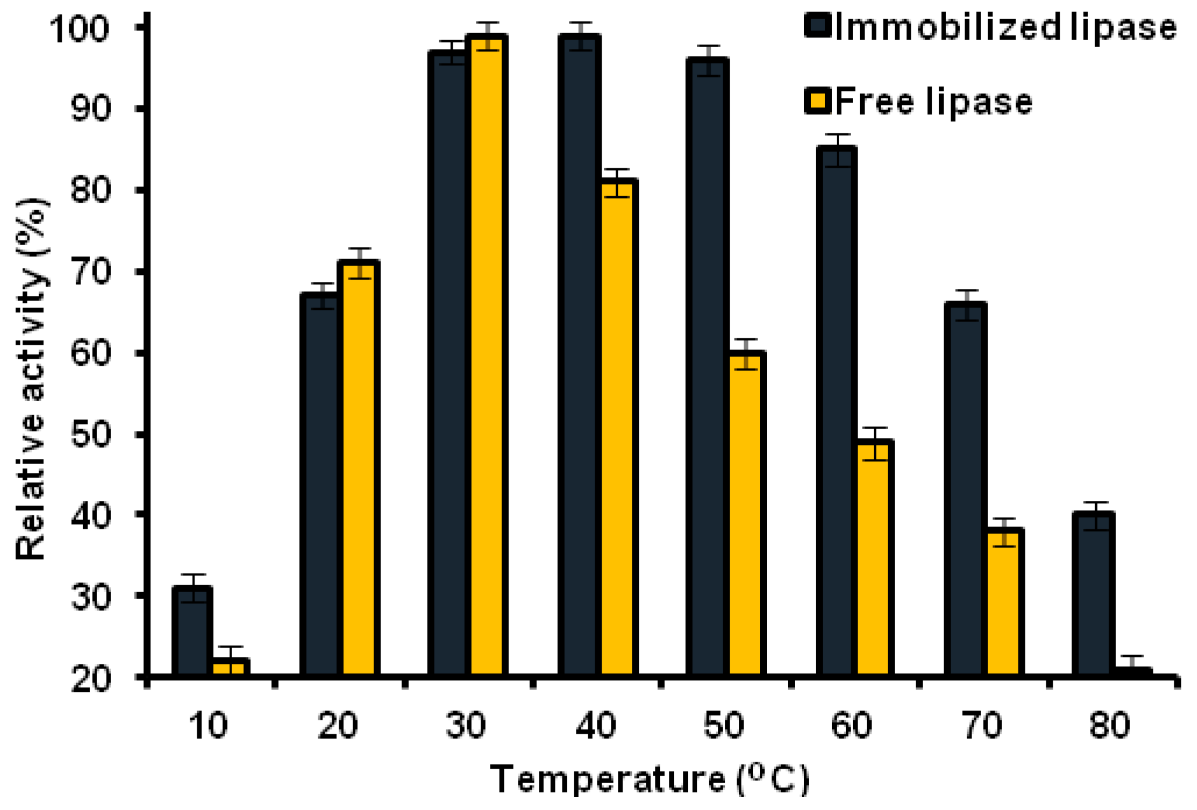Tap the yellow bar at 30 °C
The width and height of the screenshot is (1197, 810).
click(488, 355)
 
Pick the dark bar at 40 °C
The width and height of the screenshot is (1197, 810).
click(579, 355)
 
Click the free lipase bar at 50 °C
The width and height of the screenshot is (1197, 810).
click(745, 512)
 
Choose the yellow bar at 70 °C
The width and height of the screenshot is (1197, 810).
click(1004, 603)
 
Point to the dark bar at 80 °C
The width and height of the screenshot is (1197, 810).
click(1093, 594)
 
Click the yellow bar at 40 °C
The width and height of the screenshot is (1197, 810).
click(617, 428)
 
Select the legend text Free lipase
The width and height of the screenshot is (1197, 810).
click(933, 102)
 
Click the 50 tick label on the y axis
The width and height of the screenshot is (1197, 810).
click(90, 435)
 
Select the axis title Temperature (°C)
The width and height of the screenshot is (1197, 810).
click(649, 779)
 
